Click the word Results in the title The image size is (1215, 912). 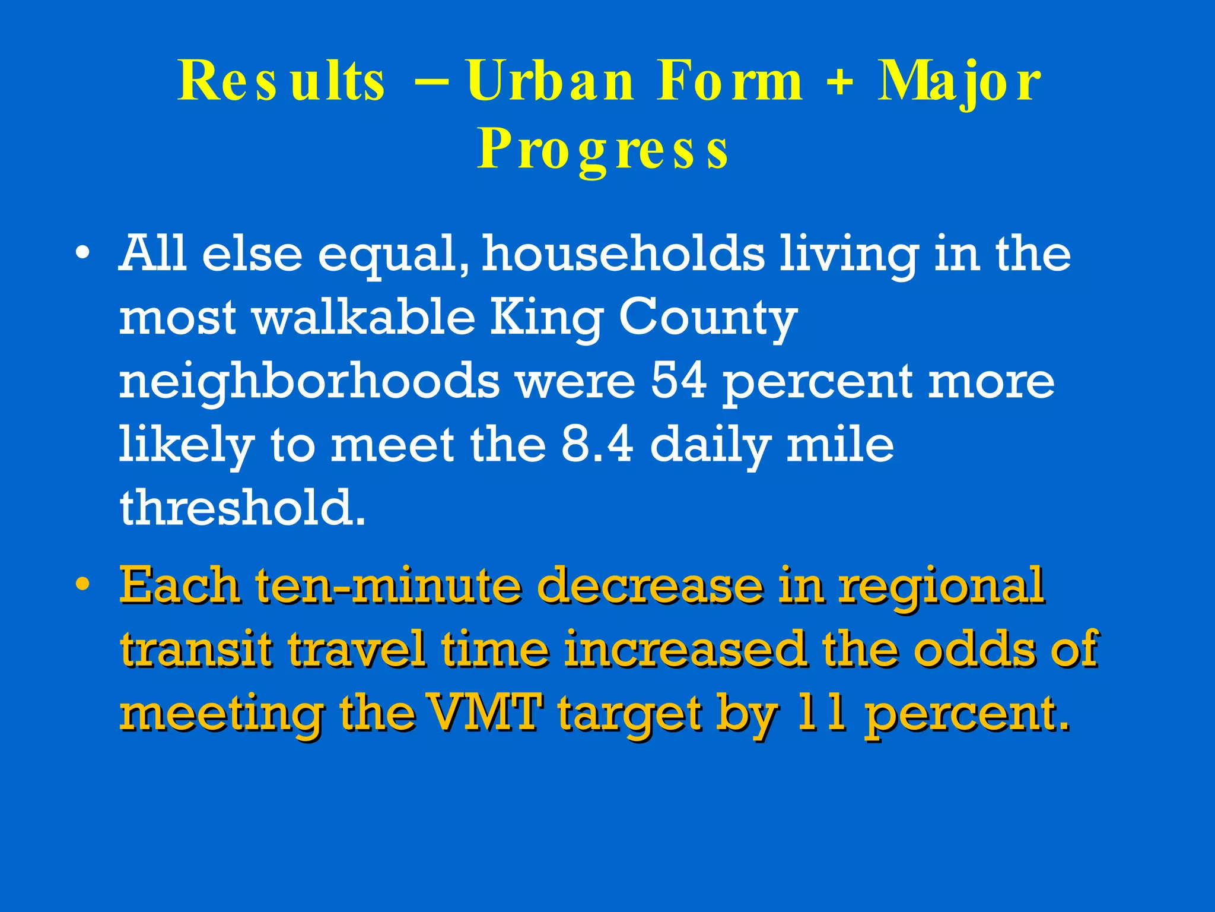(x=281, y=81)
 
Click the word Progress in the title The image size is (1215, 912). (x=603, y=150)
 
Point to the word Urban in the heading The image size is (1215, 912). (x=550, y=81)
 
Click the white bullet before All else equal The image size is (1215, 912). (x=83, y=254)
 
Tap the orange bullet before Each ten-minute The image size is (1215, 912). (x=83, y=584)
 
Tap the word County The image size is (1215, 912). (x=708, y=319)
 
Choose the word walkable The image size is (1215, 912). (x=364, y=318)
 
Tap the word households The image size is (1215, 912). (x=623, y=254)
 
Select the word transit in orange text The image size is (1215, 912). (x=196, y=648)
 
